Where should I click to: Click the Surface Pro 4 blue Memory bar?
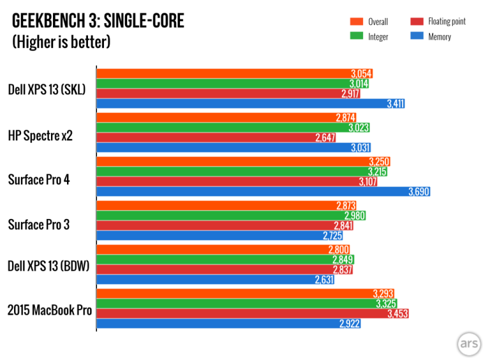coord(255,191)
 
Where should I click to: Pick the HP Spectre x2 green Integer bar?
coord(230,128)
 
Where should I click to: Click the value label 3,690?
coord(419,191)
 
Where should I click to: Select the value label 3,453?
coord(397,314)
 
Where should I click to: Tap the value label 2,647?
coord(325,138)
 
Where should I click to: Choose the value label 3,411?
coord(395,103)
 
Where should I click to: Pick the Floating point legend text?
coord(447,22)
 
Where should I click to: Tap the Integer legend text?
coord(378,37)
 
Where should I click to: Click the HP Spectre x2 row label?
coord(40,135)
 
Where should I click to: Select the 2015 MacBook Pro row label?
coord(50,311)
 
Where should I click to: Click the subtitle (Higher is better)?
coord(61,42)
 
